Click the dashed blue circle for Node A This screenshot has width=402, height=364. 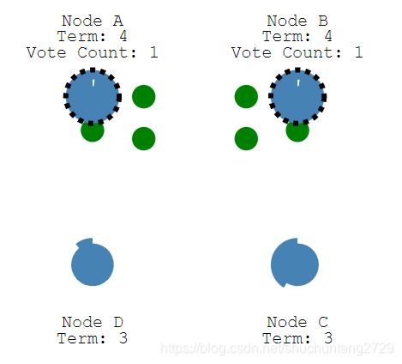(x=93, y=97)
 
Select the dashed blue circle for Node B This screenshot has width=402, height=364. (x=297, y=97)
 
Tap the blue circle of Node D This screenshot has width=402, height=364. (x=93, y=262)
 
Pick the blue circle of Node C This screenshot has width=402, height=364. (x=295, y=263)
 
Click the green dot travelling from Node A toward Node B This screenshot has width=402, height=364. (x=144, y=97)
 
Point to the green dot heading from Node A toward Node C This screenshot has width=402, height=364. (x=144, y=139)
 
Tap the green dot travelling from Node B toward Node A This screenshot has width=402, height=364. (x=246, y=97)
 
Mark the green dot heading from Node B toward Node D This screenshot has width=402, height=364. (x=246, y=139)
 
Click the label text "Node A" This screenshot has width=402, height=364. (x=93, y=21)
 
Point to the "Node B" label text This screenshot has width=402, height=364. (x=297, y=21)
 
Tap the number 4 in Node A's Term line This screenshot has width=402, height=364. (x=123, y=36)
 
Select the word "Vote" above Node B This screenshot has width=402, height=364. (x=251, y=52)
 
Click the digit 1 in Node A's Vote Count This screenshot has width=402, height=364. (x=154, y=52)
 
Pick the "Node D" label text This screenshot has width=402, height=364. (x=93, y=322)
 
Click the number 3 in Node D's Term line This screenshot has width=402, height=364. (x=123, y=338)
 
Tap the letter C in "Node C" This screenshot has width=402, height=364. (x=323, y=322)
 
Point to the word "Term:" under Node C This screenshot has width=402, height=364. (x=284, y=338)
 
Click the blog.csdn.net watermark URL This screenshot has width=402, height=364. (x=278, y=349)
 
